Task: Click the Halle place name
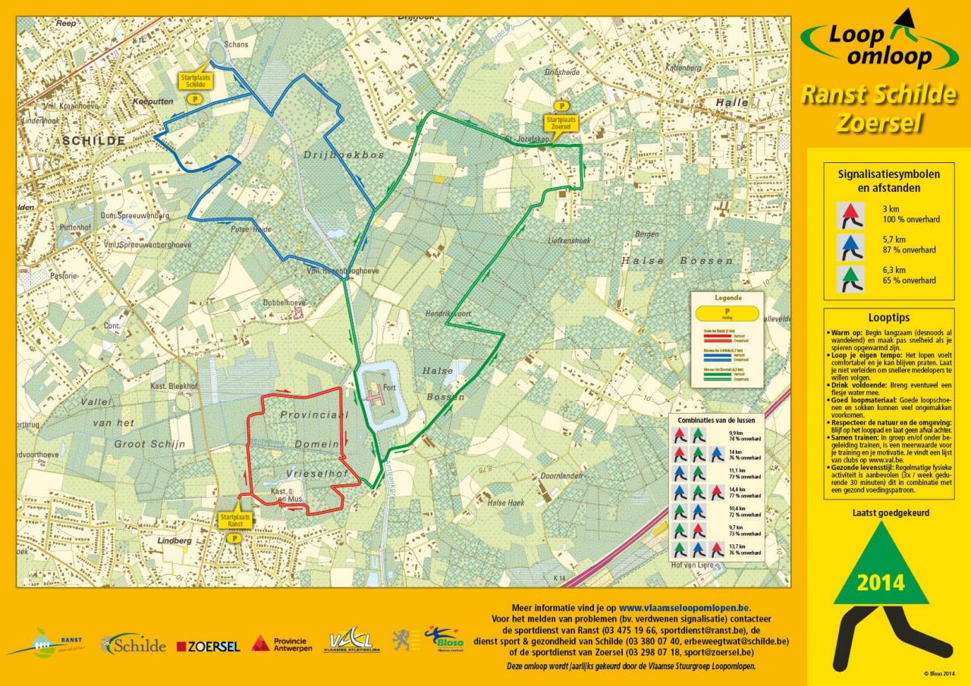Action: pyautogui.click(x=733, y=102)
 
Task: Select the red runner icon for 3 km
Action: pyautogui.click(x=851, y=215)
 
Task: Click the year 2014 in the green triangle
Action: pyautogui.click(x=881, y=583)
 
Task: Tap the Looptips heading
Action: pyautogui.click(x=888, y=318)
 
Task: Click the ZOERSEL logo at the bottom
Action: pyautogui.click(x=208, y=647)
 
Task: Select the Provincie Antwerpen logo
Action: pyautogui.click(x=282, y=644)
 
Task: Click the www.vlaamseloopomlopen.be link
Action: pyautogui.click(x=684, y=607)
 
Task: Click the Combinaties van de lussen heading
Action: pyautogui.click(x=716, y=419)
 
